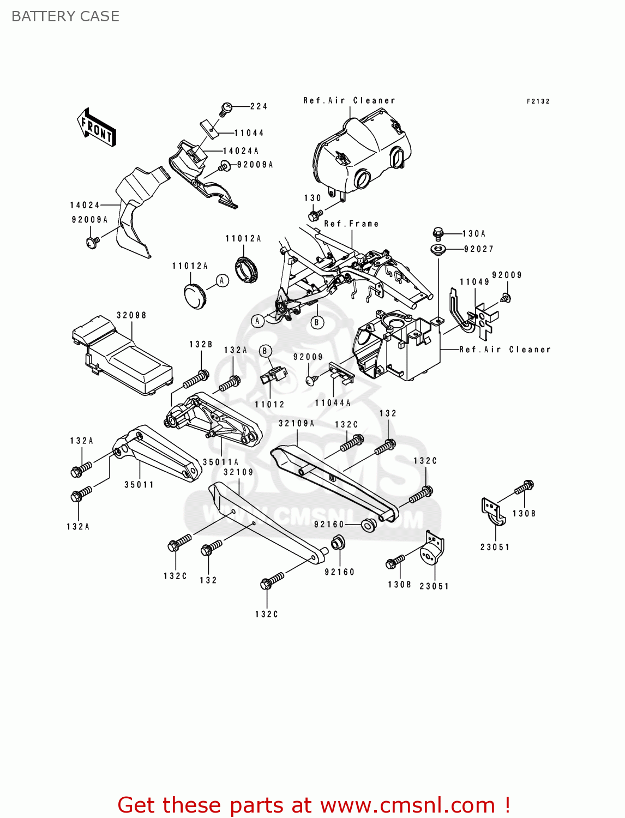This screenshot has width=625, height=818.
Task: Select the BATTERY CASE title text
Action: point(65,16)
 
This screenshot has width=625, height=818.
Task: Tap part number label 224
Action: point(259,106)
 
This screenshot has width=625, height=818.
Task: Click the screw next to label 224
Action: point(226,108)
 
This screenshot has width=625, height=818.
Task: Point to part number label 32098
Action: point(131,315)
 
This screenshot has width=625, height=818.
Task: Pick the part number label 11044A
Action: point(333,403)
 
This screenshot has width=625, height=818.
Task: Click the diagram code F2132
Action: point(538,101)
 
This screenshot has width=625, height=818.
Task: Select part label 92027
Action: point(479,249)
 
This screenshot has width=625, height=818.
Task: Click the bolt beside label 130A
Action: point(438,233)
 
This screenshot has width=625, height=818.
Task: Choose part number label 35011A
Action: point(221,462)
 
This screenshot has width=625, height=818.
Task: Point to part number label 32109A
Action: point(297,423)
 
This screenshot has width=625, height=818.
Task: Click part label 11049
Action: point(474,282)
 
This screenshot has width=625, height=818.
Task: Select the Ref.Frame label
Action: point(351,224)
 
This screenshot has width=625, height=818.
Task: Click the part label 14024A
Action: point(241,151)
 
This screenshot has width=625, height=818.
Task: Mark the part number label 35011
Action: point(139,485)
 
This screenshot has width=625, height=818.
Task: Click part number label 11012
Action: point(270,405)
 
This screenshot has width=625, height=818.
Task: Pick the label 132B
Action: point(201,345)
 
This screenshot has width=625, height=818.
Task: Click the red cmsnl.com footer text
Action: point(314,805)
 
